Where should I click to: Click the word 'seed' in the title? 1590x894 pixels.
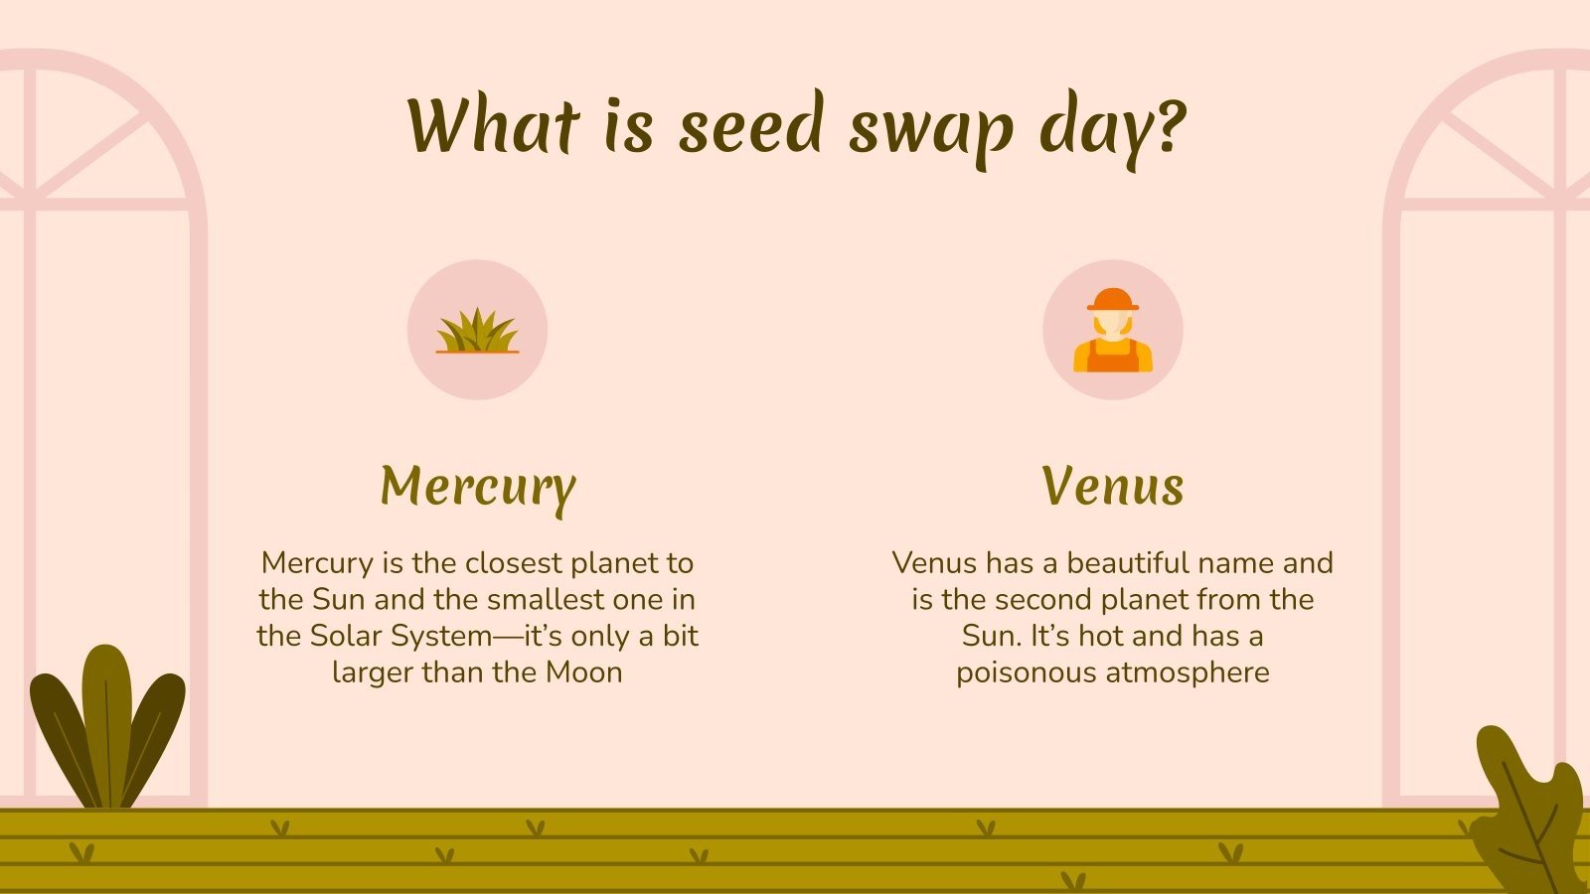tap(751, 126)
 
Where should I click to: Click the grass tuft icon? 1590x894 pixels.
tap(477, 331)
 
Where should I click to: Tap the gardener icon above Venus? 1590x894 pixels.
tap(1113, 331)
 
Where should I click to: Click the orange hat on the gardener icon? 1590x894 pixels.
tap(1113, 299)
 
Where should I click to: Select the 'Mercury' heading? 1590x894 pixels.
tap(477, 487)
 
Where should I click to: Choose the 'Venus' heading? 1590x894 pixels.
tap(1113, 487)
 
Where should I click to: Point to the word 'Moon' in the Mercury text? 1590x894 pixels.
tap(584, 672)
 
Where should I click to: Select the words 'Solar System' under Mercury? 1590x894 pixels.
tap(401, 636)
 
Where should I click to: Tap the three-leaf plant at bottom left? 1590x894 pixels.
tap(107, 730)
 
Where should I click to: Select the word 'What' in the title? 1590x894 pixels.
tap(493, 126)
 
